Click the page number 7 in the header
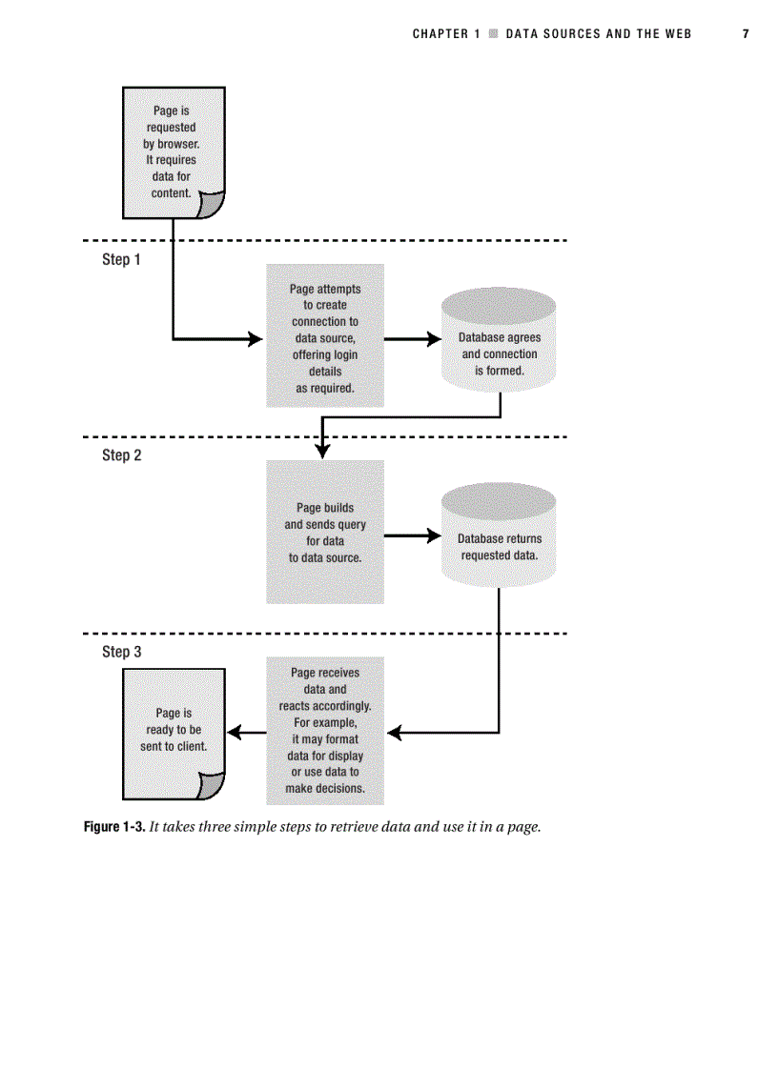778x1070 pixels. [746, 33]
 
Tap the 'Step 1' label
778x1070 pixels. [121, 259]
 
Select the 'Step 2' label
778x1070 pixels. [121, 455]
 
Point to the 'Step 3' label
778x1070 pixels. [121, 652]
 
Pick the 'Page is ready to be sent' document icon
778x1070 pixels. [174, 731]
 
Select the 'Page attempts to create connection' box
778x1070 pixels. [325, 336]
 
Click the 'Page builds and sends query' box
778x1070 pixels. [325, 532]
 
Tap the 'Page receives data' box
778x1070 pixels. [325, 731]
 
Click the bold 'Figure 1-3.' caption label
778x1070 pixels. [114, 827]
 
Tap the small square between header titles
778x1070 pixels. [493, 33]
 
